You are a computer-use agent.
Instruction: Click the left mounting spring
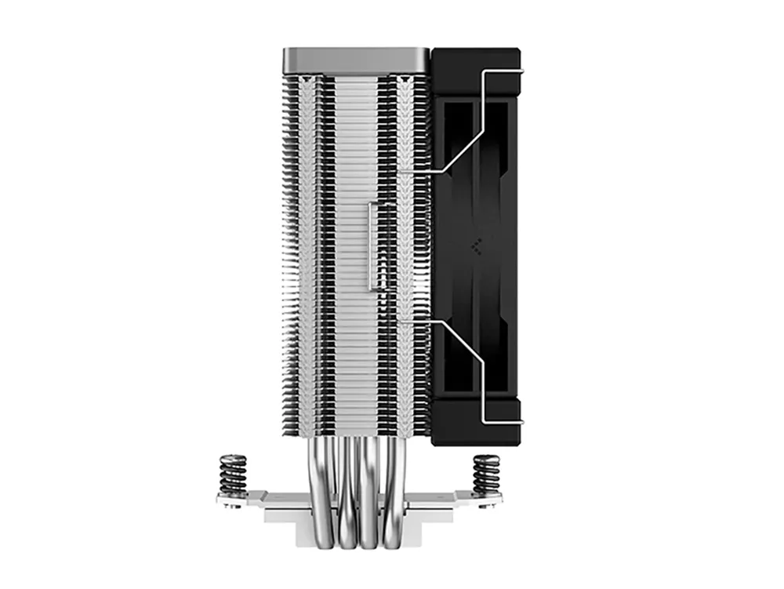(x=233, y=474)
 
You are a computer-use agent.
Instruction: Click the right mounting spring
(x=486, y=474)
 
